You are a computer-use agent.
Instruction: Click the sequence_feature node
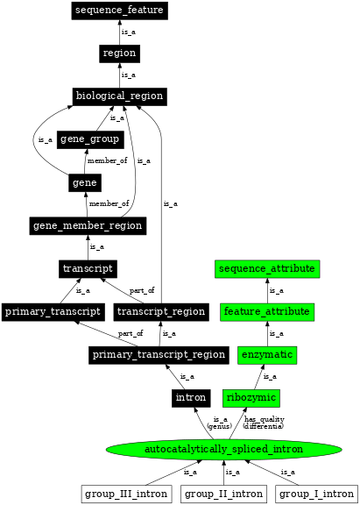point(119,11)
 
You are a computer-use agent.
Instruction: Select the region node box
point(119,53)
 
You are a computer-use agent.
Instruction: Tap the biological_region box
point(119,96)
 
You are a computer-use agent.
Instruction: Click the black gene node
point(85,182)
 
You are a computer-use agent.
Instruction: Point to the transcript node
point(88,267)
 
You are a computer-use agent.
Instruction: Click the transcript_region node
point(160,311)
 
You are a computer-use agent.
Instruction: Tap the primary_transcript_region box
point(158,354)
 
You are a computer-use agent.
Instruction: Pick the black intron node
point(190,398)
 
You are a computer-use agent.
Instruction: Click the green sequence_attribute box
point(267,267)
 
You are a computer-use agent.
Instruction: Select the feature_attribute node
point(267,311)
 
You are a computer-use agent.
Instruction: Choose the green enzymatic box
point(267,354)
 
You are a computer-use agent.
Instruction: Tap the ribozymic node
point(251,398)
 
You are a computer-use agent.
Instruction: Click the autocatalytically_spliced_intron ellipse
point(222,450)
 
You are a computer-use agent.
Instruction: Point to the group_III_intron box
point(126,494)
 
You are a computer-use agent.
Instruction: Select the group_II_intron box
point(223,494)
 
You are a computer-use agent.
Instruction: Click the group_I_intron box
point(315,494)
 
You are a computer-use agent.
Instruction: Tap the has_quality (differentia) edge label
point(264,423)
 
